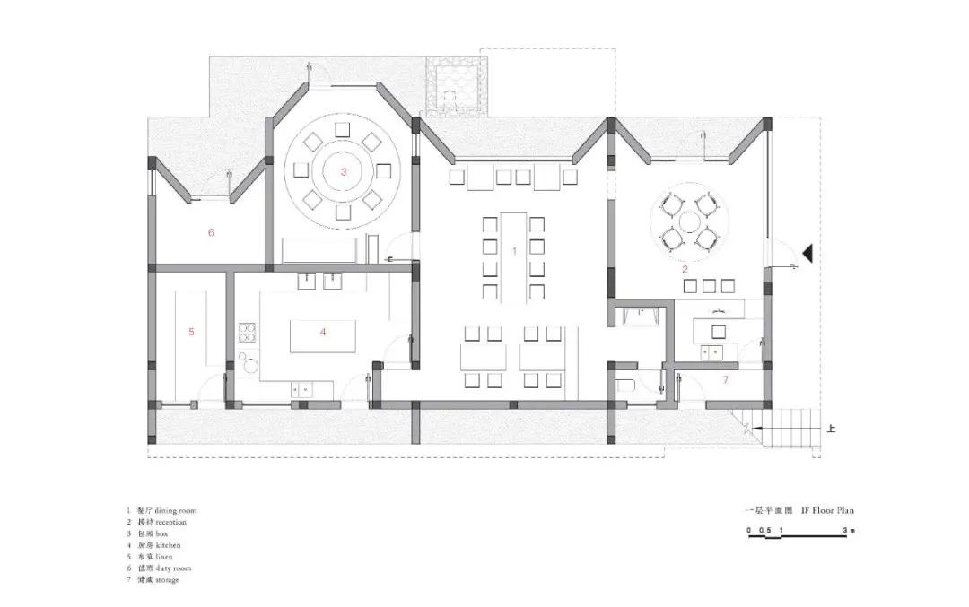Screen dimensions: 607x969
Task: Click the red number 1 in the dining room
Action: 514,251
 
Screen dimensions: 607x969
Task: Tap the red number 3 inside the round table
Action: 342,170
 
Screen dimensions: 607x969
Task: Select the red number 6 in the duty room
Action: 211,233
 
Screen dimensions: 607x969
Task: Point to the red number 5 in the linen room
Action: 191,332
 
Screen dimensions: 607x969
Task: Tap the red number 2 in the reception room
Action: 685,269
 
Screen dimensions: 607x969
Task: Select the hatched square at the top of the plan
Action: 458,85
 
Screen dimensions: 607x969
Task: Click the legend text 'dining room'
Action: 175,510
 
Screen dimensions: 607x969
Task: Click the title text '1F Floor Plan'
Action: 827,510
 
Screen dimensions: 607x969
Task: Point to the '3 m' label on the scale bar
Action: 848,531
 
